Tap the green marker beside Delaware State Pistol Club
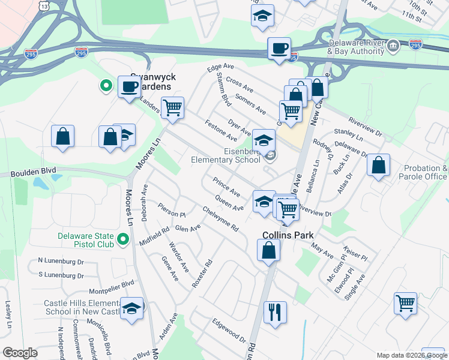[x=124, y=241]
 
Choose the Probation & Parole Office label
[x=426, y=172]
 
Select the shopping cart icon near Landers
[x=173, y=109]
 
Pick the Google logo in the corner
[x=20, y=353]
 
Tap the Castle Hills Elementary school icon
[x=131, y=308]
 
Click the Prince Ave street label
[x=226, y=187]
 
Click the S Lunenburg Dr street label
[x=61, y=275]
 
